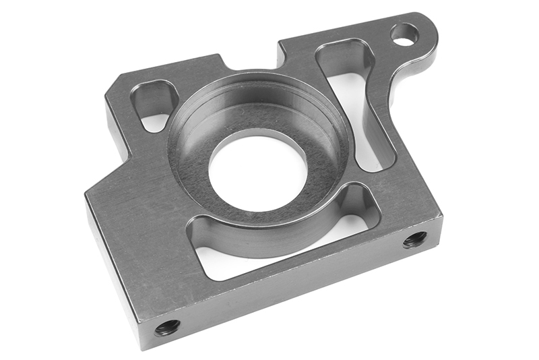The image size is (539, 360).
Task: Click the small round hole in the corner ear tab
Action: (404, 34)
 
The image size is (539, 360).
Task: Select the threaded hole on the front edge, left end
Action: (167, 328)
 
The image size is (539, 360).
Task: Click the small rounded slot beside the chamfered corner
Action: (154, 104)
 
